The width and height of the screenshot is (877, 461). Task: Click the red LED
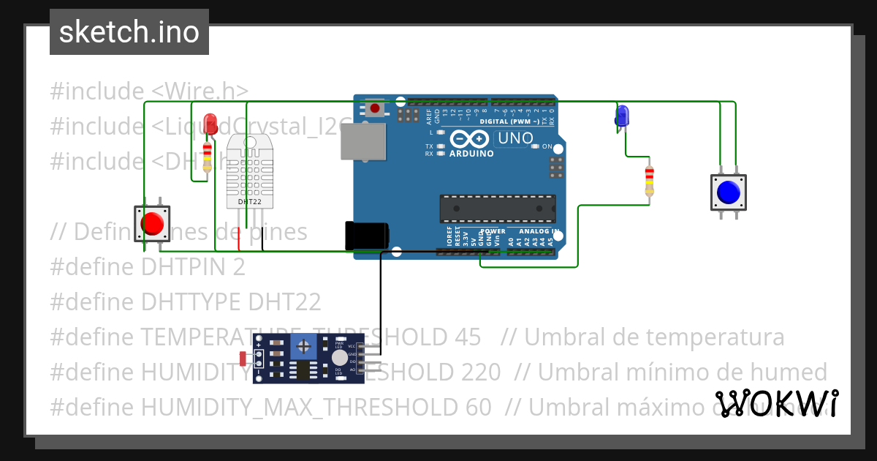pos(210,122)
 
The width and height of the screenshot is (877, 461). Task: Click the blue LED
pos(622,116)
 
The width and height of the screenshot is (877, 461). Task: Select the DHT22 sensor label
pos(250,200)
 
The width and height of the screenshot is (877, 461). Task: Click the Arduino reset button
pos(375,108)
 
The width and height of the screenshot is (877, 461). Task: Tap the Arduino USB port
pos(362,141)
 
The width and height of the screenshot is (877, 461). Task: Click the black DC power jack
pos(366,235)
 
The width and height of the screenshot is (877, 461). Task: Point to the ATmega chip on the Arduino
pos(496,209)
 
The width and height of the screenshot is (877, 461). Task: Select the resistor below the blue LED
pos(648,181)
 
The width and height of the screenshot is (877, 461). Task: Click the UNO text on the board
pos(515,138)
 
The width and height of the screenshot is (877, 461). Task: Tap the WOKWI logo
pos(776,403)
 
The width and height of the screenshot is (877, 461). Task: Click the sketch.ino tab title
pos(129,32)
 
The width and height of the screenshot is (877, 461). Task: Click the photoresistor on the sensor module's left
pos(243,358)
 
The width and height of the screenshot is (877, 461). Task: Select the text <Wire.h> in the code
pos(200,91)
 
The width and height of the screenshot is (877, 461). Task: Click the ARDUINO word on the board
pos(471,154)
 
